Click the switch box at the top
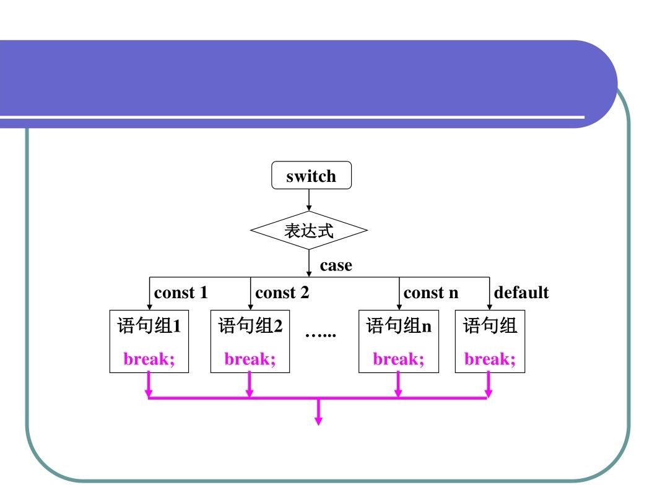[311, 176]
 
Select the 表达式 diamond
[309, 231]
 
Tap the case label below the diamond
[336, 265]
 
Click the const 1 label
[181, 293]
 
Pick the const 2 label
[282, 293]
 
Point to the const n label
[431, 293]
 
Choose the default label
[521, 293]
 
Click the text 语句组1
[149, 325]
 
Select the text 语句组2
[250, 325]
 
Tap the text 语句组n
[399, 325]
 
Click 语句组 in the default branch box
[490, 325]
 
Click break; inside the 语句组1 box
[149, 359]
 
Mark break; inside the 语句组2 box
[250, 359]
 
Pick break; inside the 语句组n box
[399, 359]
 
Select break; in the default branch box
[490, 359]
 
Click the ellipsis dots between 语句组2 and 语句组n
[321, 334]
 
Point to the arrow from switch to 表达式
[309, 200]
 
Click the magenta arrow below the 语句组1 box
[149, 385]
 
